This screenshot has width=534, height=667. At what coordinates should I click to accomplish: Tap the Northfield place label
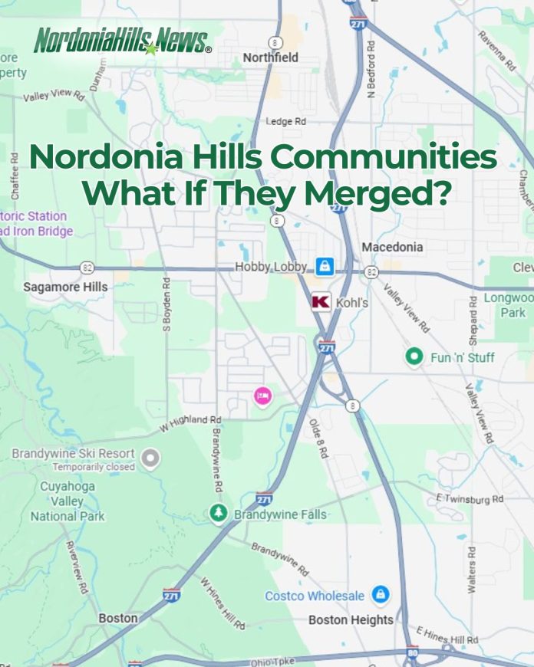click(x=270, y=58)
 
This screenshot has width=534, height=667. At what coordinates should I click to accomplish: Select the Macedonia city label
click(x=391, y=247)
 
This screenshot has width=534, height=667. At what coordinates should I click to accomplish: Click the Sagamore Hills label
click(x=65, y=287)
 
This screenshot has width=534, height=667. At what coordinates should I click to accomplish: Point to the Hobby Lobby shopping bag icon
click(x=325, y=266)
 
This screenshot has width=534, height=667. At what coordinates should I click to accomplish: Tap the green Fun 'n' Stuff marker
click(x=414, y=356)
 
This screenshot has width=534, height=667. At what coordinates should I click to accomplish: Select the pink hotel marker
click(x=262, y=396)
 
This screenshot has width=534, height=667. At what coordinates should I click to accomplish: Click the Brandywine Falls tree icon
click(x=219, y=513)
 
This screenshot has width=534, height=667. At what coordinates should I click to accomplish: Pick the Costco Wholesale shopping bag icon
click(x=379, y=594)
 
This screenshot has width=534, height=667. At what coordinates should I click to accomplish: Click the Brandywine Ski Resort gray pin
click(x=151, y=458)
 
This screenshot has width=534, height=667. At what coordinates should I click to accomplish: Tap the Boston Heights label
click(x=351, y=619)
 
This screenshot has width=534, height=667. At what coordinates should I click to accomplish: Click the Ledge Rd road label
click(x=285, y=122)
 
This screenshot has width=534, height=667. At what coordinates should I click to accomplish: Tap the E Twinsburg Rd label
click(x=470, y=499)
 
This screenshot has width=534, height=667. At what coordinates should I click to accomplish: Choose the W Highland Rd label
click(x=190, y=419)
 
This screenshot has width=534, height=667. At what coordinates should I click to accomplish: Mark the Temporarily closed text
click(x=94, y=467)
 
